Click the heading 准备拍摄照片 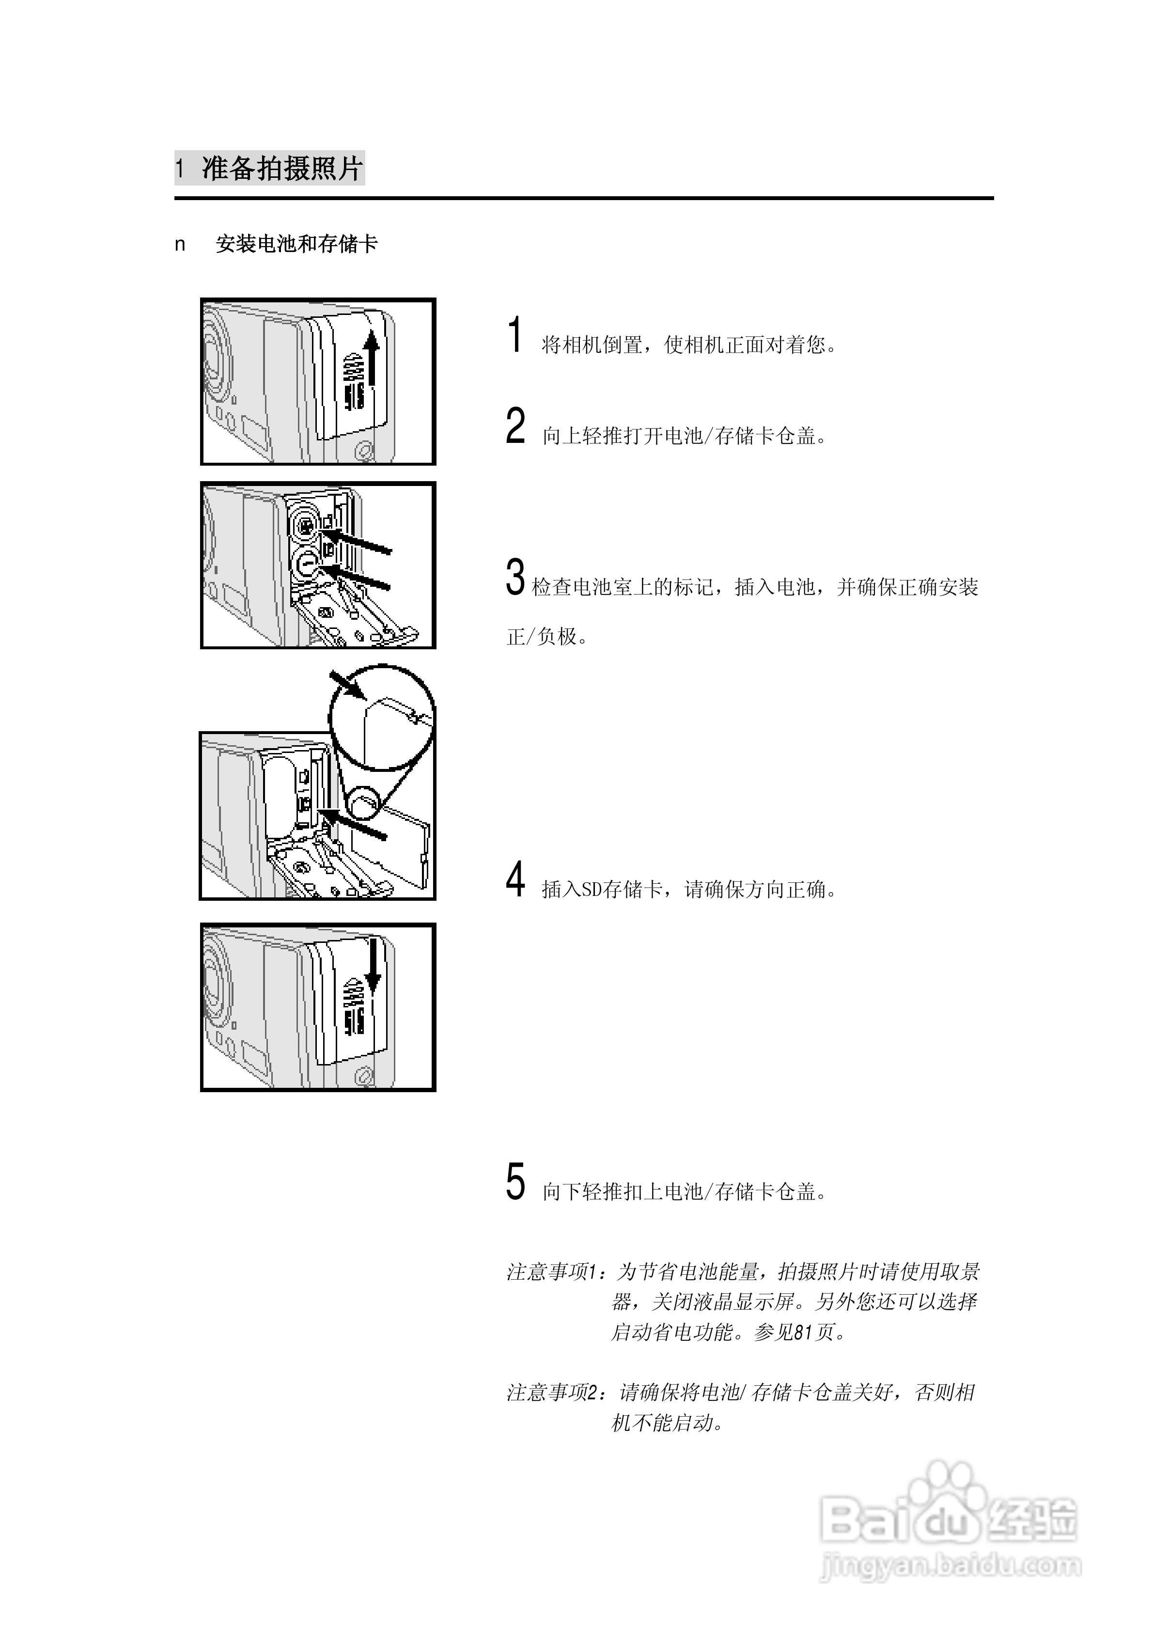coord(282,169)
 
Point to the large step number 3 coord(515,577)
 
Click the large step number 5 coord(515,1182)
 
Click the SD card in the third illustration coord(401,852)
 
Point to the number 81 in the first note coord(802,1332)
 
